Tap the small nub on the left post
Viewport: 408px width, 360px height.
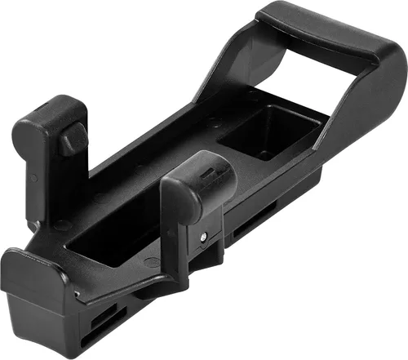point(73,139)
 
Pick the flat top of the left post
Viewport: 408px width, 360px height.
point(49,110)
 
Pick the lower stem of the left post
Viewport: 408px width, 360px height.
point(37,192)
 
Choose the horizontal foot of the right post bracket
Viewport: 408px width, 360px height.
point(155,282)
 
